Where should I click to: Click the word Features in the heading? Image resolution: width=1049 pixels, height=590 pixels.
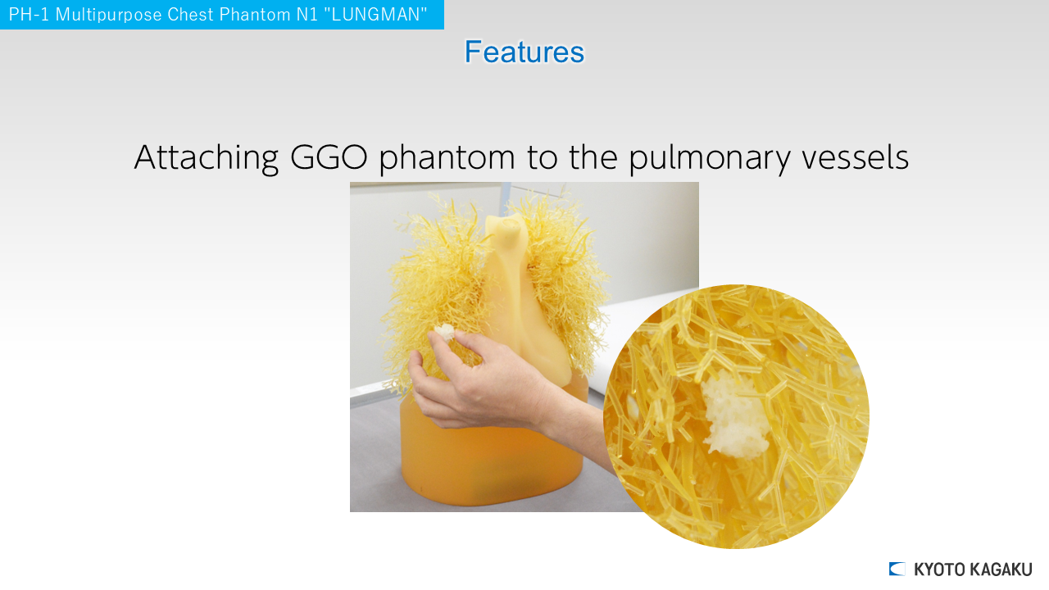coord(524,52)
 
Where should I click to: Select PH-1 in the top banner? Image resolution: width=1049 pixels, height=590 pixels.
coord(29,15)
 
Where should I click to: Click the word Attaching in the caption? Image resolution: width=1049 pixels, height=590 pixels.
coord(206,157)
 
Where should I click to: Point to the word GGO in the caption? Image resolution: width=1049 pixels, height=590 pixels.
coord(329,157)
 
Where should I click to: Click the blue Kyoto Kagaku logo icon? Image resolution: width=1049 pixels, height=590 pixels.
coord(897,569)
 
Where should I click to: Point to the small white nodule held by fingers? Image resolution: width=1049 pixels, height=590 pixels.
coord(444,332)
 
